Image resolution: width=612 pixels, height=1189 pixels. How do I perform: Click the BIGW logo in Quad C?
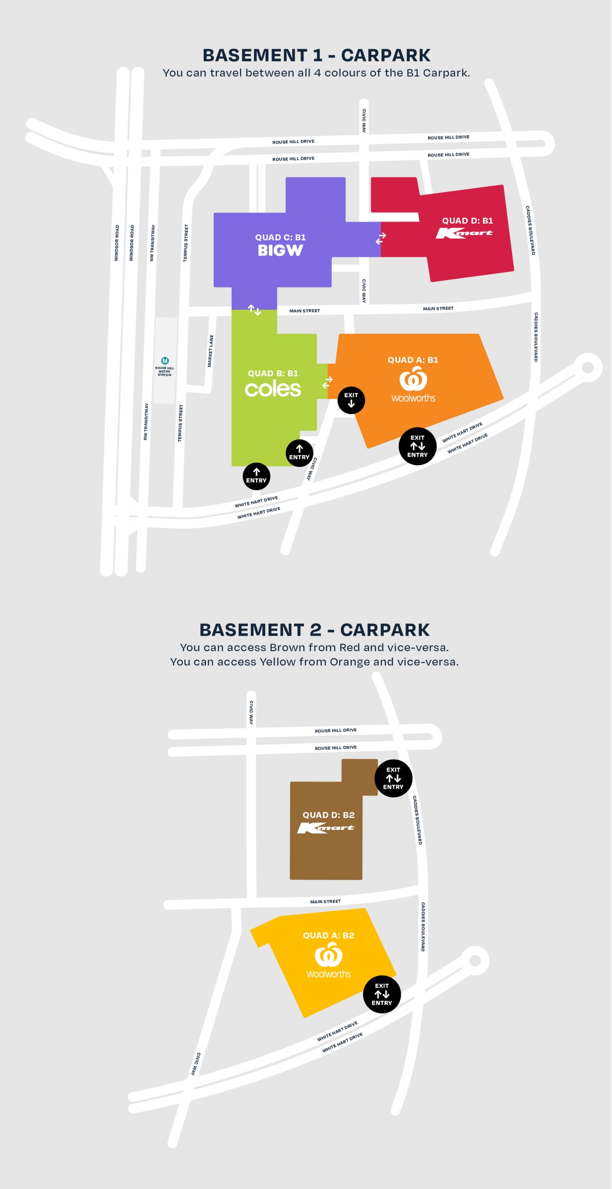280,250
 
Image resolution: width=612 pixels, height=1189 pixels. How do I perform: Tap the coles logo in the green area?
273,389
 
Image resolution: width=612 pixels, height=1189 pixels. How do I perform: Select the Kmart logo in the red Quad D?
464,233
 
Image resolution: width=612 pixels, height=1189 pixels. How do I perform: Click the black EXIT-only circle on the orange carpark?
351,400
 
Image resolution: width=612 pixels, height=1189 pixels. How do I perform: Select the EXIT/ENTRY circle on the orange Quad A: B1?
417,446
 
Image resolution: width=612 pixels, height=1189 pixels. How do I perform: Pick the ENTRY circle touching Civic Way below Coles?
299,453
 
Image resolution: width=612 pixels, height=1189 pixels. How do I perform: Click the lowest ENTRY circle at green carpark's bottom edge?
256,476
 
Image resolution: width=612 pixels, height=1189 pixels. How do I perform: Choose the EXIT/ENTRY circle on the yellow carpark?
382,994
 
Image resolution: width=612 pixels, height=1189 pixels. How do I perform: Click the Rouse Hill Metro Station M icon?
165,361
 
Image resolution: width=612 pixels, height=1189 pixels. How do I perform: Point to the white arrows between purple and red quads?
381,238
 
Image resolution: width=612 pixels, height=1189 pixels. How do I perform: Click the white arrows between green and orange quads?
328,382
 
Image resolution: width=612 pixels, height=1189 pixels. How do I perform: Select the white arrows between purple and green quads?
254,310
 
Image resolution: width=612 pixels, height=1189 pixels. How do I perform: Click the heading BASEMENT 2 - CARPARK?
314,630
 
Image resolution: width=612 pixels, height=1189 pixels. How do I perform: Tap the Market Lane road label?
211,351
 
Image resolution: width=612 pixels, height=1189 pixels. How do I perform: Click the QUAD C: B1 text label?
280,237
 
